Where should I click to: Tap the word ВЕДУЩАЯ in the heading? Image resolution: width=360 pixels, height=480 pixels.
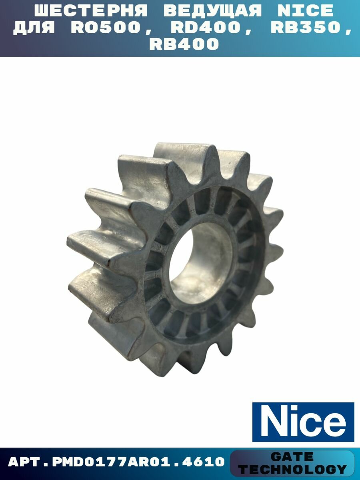(x=213, y=11)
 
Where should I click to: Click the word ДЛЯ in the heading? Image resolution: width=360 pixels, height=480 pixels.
(x=34, y=28)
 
